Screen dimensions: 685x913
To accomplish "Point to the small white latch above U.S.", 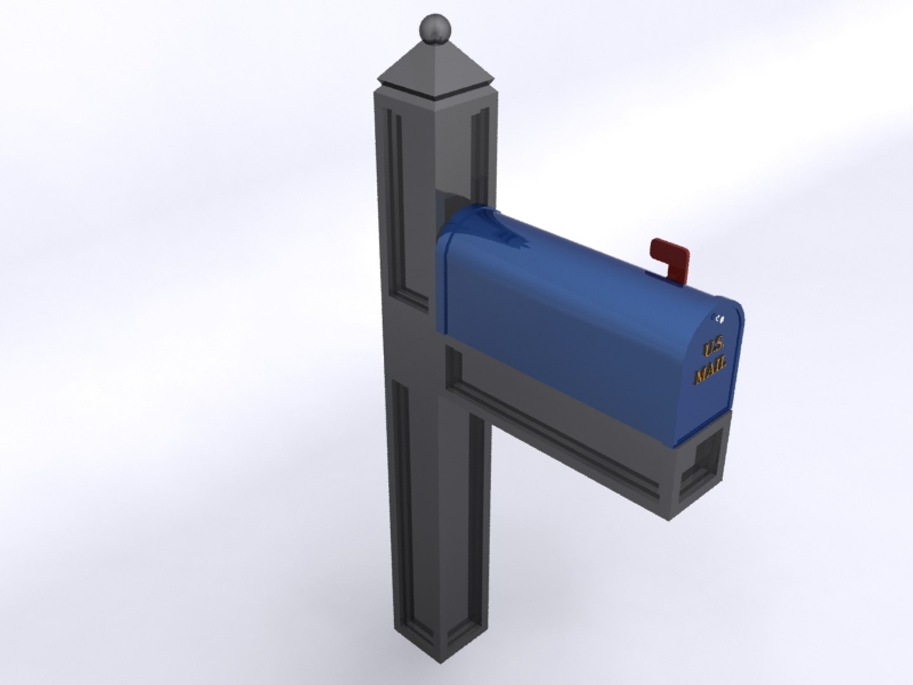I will click(719, 318).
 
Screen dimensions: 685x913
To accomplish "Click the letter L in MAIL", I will click(723, 365).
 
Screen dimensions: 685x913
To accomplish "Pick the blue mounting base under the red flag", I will click(659, 275).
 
